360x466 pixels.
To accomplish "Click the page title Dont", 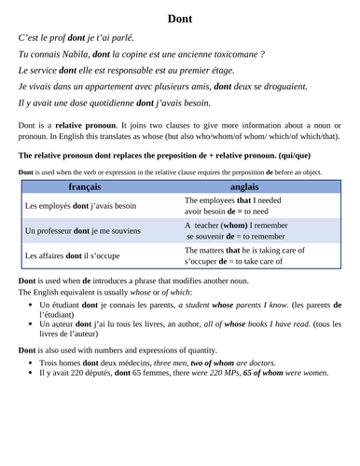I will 180,18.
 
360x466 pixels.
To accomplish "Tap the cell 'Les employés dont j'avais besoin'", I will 80,206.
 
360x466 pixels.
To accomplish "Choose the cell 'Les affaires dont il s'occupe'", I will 71,256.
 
